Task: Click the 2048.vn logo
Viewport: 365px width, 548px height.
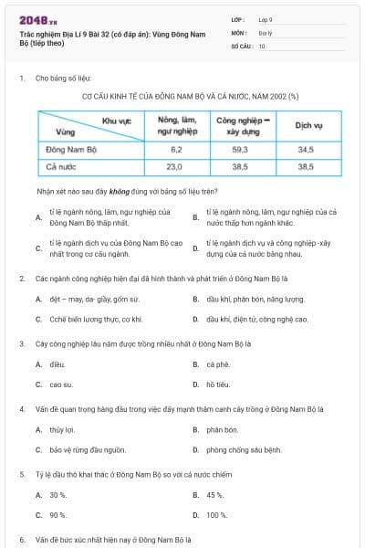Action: pos(35,21)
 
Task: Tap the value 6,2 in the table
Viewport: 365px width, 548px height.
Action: pos(177,149)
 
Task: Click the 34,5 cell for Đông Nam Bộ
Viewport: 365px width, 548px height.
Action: pos(305,149)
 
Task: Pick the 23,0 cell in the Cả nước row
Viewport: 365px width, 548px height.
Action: pos(177,167)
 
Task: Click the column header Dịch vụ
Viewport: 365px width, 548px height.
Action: pos(305,126)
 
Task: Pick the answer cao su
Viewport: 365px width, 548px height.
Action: pos(61,385)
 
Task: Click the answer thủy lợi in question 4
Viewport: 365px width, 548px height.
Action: pos(62,429)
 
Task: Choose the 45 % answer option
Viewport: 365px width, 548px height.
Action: pos(214,494)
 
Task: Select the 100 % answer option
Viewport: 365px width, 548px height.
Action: pos(216,515)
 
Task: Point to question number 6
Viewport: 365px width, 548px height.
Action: pos(21,540)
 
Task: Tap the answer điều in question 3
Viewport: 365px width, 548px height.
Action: pos(57,364)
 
